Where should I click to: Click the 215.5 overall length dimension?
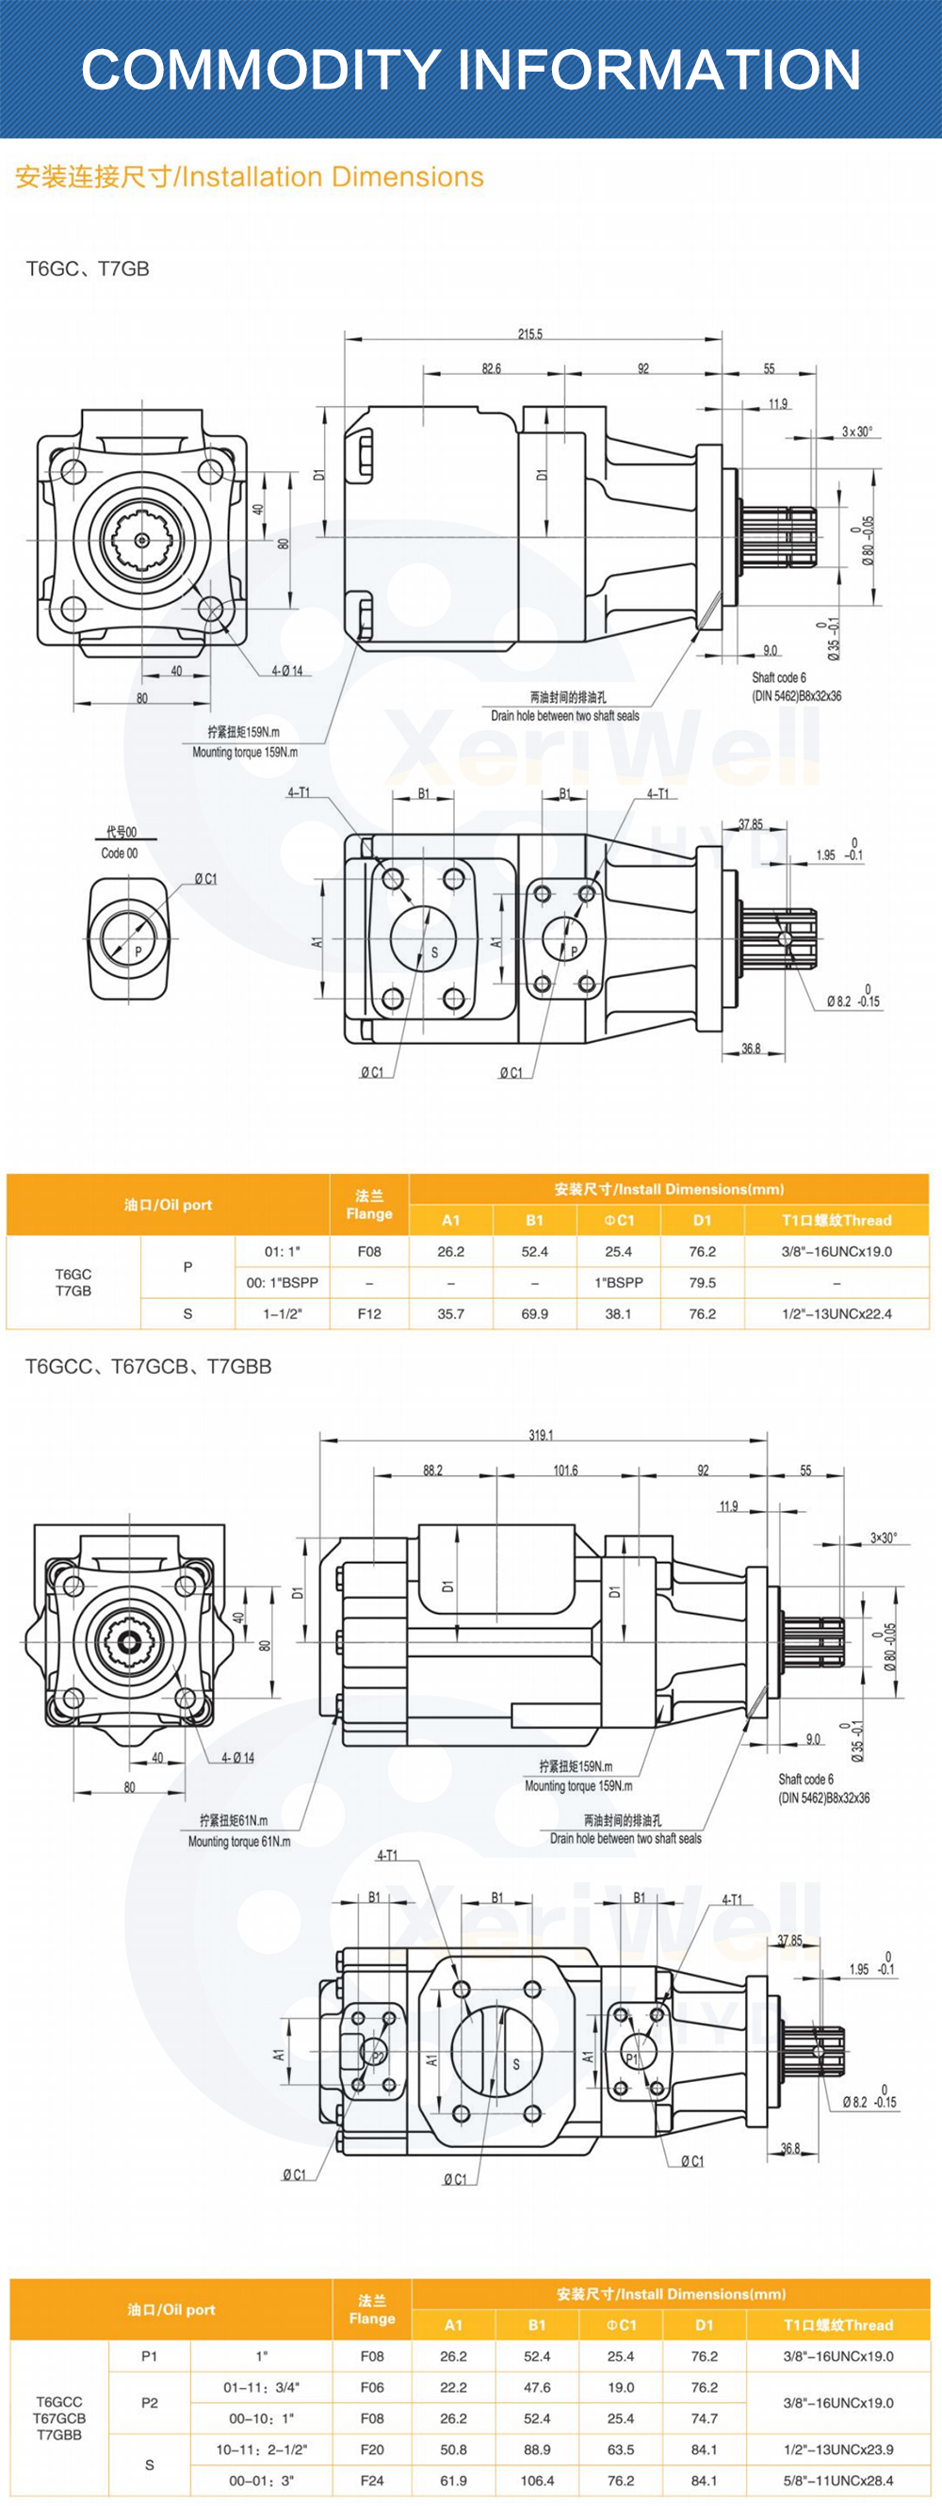[x=530, y=334]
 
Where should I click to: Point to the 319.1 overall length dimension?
[x=541, y=1435]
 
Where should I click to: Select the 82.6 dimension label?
[x=492, y=368]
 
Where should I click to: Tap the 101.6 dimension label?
[x=565, y=1470]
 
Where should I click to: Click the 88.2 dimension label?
[x=433, y=1470]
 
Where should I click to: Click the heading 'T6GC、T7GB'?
[x=88, y=269]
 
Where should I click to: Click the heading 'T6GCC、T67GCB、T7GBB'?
[x=148, y=1367]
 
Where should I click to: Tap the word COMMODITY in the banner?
[x=261, y=70]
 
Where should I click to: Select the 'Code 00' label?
[x=120, y=854]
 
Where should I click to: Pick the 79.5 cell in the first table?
[x=703, y=1282]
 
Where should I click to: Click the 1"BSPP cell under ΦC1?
[x=619, y=1282]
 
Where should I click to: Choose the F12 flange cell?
[x=370, y=1313]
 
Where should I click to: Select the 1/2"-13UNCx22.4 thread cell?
[x=836, y=1313]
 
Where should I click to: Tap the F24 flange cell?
[x=372, y=2480]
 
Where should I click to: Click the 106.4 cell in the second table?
[x=537, y=2480]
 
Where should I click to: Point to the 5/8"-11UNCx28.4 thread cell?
[x=838, y=2480]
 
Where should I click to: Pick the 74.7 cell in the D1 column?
[x=705, y=2417]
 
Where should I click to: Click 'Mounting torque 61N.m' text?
[x=239, y=1841]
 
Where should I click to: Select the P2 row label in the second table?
[x=150, y=2402]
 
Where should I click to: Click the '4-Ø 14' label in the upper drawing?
[x=287, y=670]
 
